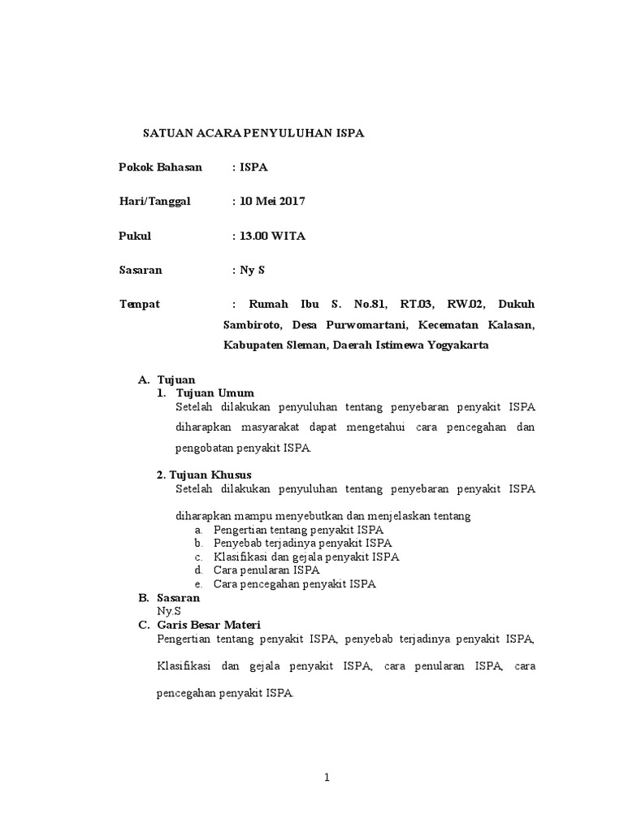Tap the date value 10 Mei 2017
point(271,201)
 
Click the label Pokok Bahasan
point(161,167)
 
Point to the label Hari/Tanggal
point(155,201)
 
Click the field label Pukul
point(136,236)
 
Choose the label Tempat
point(140,304)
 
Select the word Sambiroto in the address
point(252,325)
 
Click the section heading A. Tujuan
point(167,379)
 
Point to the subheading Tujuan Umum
point(214,393)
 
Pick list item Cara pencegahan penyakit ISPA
point(294,584)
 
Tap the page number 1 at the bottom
point(327,778)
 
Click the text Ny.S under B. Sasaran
point(169,610)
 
